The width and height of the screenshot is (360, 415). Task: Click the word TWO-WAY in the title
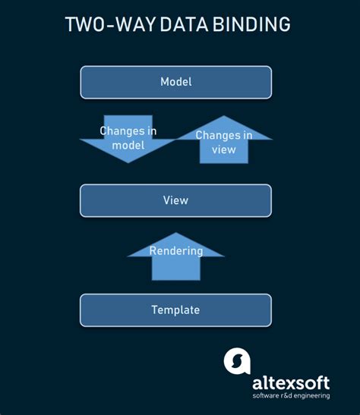click(110, 24)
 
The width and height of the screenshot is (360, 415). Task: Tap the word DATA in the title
click(184, 24)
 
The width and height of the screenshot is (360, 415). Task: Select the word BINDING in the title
click(251, 24)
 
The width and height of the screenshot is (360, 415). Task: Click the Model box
click(176, 82)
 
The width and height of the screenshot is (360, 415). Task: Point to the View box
click(176, 200)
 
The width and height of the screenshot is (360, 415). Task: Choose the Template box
click(176, 310)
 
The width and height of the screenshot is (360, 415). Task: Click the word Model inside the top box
click(176, 82)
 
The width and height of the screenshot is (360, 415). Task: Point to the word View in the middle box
click(175, 200)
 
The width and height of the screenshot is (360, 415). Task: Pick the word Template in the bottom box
click(175, 310)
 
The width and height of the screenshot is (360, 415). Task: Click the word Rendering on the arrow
click(176, 251)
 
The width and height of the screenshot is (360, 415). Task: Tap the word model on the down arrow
click(128, 146)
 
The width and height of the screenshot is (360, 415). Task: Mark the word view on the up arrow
click(224, 149)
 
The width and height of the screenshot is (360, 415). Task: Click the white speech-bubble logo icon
click(237, 361)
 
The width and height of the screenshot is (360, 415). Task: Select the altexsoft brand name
click(291, 383)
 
